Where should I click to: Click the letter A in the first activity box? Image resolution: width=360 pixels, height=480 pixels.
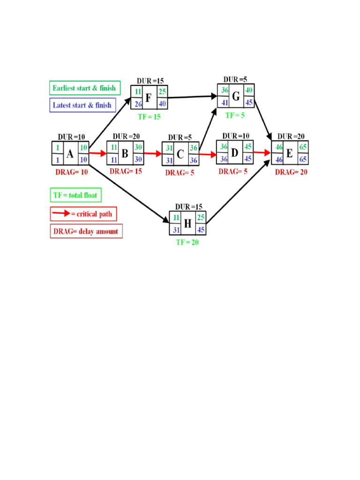click(70, 154)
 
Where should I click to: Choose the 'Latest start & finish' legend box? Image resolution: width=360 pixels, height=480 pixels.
click(82, 105)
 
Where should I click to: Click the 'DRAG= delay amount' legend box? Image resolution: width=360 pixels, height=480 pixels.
click(86, 231)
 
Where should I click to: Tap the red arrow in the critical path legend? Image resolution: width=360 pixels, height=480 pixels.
click(61, 214)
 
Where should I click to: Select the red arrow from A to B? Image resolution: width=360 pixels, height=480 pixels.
click(98, 153)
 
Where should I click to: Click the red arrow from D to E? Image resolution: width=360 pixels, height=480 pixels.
click(262, 152)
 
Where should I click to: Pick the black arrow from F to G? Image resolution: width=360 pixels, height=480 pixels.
click(192, 97)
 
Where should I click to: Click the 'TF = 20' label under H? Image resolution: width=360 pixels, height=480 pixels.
click(187, 242)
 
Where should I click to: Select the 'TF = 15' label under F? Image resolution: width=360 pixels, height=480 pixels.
click(149, 116)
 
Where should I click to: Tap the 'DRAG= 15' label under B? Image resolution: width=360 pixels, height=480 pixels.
click(126, 171)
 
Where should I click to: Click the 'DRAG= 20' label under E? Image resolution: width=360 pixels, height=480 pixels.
click(291, 172)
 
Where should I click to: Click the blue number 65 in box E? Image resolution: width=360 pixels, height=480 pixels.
click(303, 160)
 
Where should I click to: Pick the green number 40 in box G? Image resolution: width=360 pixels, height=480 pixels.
click(249, 90)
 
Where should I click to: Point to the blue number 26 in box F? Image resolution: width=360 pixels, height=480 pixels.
click(138, 104)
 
